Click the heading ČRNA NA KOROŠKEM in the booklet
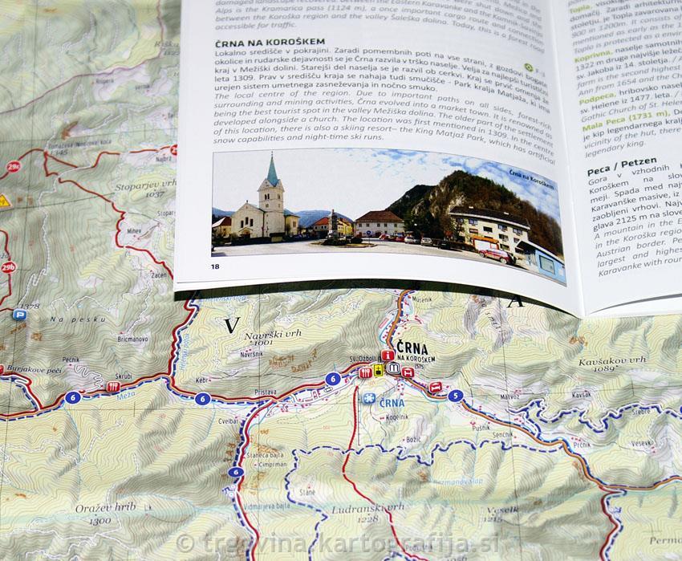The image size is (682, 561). click(x=270, y=41)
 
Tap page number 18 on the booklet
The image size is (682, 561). click(x=214, y=266)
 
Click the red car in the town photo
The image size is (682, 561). click(x=496, y=254)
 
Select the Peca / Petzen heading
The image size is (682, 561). click(x=610, y=161)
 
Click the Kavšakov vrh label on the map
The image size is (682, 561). click(x=612, y=361)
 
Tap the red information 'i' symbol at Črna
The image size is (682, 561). click(x=387, y=355)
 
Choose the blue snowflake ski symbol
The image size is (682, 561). click(x=368, y=399)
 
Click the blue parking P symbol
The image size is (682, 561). click(x=19, y=315)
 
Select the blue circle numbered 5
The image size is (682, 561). click(x=455, y=395)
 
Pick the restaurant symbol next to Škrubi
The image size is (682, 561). click(x=113, y=386)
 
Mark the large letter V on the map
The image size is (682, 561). click(x=232, y=325)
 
